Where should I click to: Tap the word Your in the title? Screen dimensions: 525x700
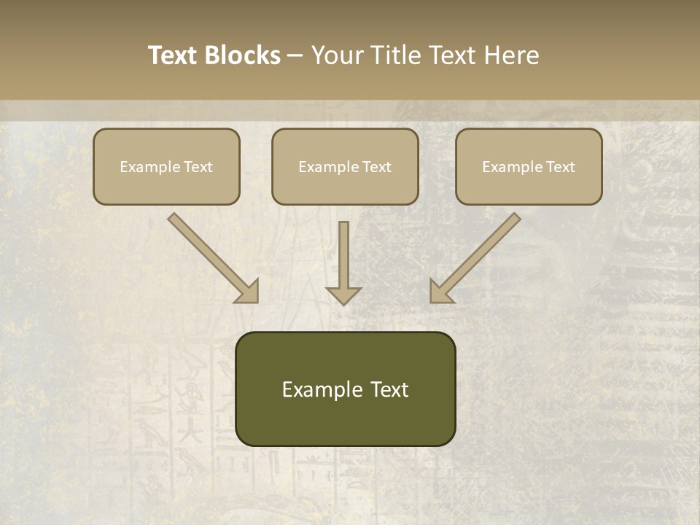(x=337, y=55)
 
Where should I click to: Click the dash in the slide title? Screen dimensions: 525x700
(x=295, y=55)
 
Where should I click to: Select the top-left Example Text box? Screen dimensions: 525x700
(x=166, y=167)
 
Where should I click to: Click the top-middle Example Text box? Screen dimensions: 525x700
(x=345, y=167)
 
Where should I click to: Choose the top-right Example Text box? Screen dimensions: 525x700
(x=529, y=167)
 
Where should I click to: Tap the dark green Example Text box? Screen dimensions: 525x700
(x=345, y=389)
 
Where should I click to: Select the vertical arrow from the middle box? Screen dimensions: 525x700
(x=343, y=255)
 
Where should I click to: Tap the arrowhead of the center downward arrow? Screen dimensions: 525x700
(x=343, y=295)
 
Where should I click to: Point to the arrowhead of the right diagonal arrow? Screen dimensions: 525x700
(x=440, y=292)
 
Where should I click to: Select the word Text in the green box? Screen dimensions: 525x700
(x=390, y=389)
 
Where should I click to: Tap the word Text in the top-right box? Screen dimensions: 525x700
(x=561, y=167)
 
